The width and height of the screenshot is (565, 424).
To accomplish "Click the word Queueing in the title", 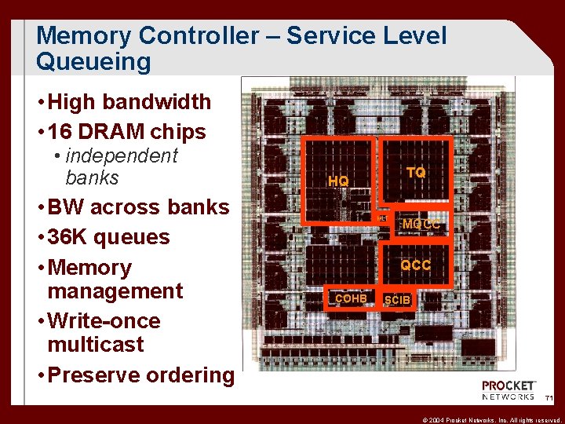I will (x=93, y=61).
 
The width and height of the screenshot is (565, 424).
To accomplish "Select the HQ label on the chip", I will (x=338, y=181).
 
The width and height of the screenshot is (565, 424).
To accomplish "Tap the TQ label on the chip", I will (x=416, y=172).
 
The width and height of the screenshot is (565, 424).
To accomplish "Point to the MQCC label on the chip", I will (x=421, y=225).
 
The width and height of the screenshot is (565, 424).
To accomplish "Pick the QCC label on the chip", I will (x=415, y=265).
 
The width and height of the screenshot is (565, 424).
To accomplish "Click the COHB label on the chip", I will (x=351, y=298).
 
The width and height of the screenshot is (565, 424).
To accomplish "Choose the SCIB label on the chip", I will (x=397, y=300).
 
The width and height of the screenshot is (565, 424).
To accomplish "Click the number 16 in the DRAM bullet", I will (x=61, y=132).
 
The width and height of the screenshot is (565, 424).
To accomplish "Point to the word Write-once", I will (x=104, y=321).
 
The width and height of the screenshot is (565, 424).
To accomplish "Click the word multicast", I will (x=96, y=344).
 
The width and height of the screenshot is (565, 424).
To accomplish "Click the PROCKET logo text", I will (x=508, y=386).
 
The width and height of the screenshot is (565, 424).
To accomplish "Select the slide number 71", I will (x=549, y=400).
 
